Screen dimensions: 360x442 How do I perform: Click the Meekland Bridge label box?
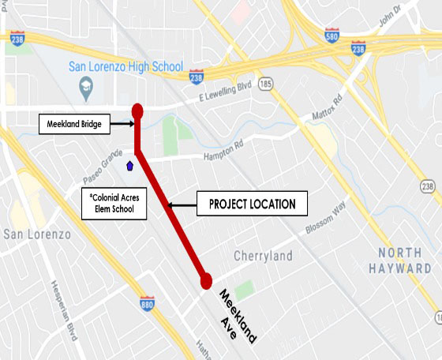[x=73, y=123]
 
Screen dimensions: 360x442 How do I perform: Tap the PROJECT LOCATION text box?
[x=252, y=204]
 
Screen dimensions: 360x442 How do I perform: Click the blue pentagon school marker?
[x=129, y=165]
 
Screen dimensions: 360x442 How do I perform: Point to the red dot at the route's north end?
[x=137, y=111]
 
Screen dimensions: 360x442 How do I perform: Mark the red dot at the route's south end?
[x=207, y=280]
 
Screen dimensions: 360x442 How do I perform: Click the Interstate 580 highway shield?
[x=334, y=36]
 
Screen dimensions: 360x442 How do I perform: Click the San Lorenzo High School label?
[x=125, y=66]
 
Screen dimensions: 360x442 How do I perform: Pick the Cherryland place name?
[x=264, y=256]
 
